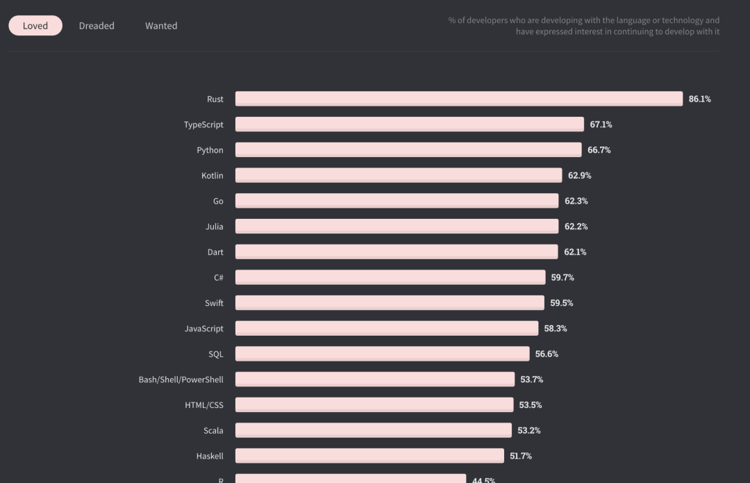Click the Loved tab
coord(35,26)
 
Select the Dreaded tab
coord(97,26)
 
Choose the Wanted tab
coord(161,26)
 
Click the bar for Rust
coord(458,99)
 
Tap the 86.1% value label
coord(699,99)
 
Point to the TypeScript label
coord(203,124)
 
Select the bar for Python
coord(408,149)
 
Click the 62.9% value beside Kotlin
coord(579,176)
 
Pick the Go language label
coord(218,201)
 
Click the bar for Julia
coord(397,226)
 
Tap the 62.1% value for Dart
coord(575,252)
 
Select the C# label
coord(218,277)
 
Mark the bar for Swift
coord(390,302)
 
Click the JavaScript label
coord(204,328)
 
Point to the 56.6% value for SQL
coord(547,354)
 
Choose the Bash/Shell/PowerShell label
coord(181,379)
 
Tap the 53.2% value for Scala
coord(528,430)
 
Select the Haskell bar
coord(369,455)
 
